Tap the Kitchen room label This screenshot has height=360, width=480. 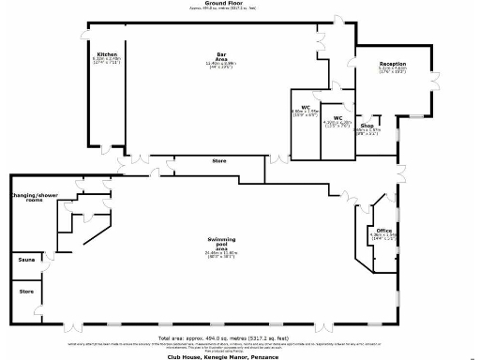[106, 55]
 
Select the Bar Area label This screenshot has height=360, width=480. [222, 54]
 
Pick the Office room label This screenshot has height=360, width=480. [383, 230]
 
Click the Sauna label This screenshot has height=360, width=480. [25, 260]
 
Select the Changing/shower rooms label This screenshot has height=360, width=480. [28, 198]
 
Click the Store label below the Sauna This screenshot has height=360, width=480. [25, 292]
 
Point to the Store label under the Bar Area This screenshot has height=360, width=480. [218, 161]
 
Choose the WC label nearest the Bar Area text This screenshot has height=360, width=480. [306, 107]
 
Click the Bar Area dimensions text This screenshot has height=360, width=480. [222, 66]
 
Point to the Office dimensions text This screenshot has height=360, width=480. [383, 237]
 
